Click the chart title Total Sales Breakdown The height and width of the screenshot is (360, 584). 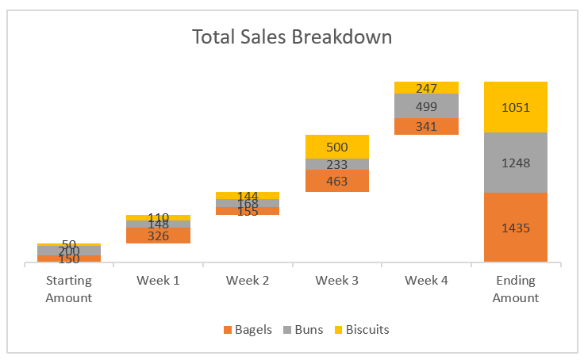[x=292, y=37]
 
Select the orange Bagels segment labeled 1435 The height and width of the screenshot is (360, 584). [x=515, y=228]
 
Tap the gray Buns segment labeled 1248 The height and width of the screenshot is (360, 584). [x=515, y=163]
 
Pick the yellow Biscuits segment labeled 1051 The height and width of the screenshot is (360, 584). [x=515, y=107]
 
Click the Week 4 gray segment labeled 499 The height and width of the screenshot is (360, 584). [x=426, y=105]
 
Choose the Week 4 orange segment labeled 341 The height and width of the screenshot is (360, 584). [x=426, y=126]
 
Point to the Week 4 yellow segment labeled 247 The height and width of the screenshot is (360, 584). [x=426, y=88]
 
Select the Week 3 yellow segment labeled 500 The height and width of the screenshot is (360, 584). [x=337, y=147]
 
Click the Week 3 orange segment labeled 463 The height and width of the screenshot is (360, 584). [x=337, y=181]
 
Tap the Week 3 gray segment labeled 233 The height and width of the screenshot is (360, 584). [x=337, y=164]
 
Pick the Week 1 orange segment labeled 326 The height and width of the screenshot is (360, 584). [x=159, y=236]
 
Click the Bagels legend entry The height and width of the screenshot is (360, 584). [x=248, y=329]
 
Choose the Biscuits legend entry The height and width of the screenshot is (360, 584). [x=361, y=329]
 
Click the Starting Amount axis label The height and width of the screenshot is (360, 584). [x=69, y=289]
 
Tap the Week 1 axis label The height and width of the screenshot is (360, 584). [x=159, y=281]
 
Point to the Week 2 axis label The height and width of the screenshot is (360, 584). [x=248, y=281]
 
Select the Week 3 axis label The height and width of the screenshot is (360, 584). [x=337, y=281]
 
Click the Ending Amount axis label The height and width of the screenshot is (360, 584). [x=515, y=289]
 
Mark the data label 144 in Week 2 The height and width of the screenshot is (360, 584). [x=248, y=196]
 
